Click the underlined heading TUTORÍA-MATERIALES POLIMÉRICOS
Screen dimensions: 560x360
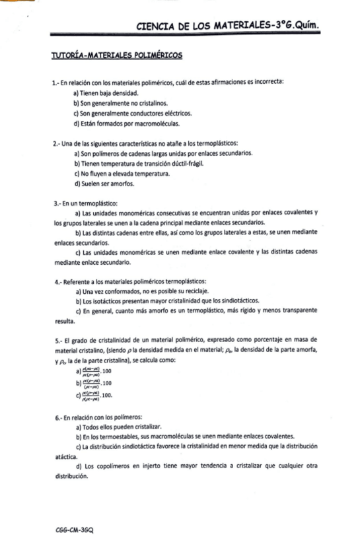tap(116, 56)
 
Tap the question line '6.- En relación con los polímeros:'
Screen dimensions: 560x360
tap(98, 417)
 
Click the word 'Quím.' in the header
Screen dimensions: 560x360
tap(310, 26)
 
